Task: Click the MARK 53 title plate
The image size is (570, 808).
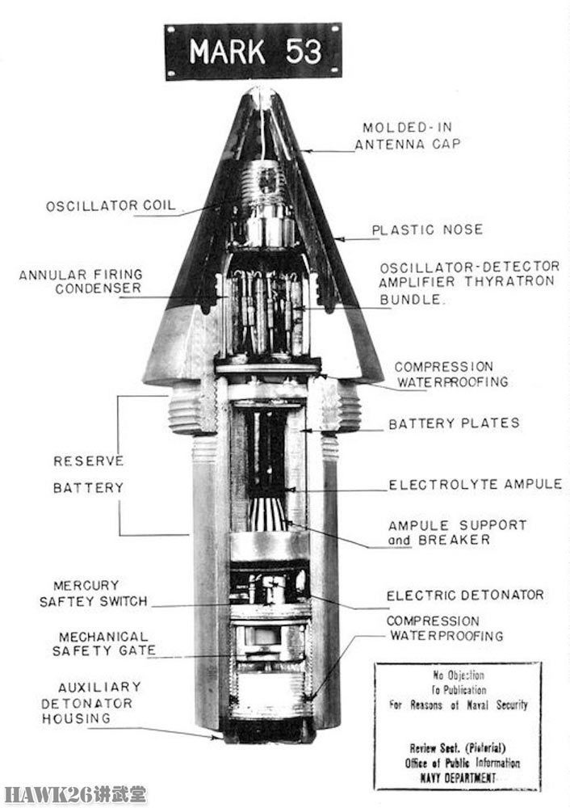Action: (x=254, y=51)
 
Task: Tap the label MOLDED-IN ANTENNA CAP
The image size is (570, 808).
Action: (x=407, y=136)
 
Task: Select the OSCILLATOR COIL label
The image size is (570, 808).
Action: (x=111, y=206)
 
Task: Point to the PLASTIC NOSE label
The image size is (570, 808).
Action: (x=427, y=229)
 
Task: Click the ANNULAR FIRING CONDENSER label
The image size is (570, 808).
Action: (x=81, y=281)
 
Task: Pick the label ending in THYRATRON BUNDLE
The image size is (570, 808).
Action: (x=469, y=282)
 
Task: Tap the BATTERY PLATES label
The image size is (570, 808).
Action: (x=455, y=423)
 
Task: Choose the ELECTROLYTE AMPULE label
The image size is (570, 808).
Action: (x=476, y=484)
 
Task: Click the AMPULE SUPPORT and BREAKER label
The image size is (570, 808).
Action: (x=457, y=532)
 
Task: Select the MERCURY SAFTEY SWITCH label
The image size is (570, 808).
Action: (x=93, y=594)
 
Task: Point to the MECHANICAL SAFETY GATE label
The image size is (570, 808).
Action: (x=103, y=644)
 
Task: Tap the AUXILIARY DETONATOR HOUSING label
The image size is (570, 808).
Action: (x=91, y=703)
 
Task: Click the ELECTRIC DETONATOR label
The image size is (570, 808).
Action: (x=465, y=595)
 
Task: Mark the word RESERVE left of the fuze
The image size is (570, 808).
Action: (x=89, y=461)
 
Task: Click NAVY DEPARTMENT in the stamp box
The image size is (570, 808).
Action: (x=458, y=777)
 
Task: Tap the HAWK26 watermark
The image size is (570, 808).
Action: (x=74, y=794)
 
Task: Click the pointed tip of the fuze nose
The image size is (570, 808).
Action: (x=261, y=90)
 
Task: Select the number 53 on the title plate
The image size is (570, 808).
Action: (x=304, y=52)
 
